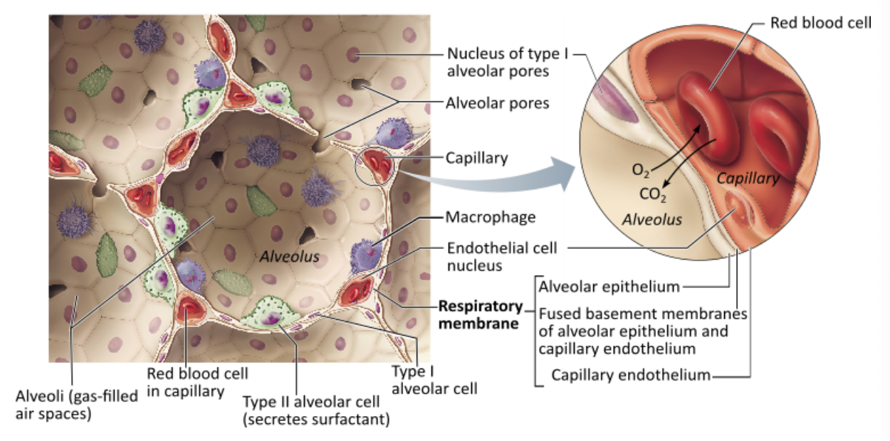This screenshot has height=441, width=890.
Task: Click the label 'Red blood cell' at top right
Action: click(x=820, y=23)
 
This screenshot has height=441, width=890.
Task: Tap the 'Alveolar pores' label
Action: click(x=498, y=103)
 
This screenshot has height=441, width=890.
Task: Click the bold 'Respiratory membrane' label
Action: click(x=480, y=316)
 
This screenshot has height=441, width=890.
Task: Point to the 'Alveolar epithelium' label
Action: click(x=609, y=287)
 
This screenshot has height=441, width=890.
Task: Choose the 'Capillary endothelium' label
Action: click(x=631, y=375)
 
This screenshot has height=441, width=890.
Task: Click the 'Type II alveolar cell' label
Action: click(x=316, y=410)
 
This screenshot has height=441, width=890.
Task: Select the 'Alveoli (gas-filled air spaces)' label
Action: click(x=77, y=404)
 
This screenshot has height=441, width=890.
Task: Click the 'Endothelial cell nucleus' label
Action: click(x=502, y=257)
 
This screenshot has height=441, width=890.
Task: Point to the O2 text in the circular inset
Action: click(x=640, y=171)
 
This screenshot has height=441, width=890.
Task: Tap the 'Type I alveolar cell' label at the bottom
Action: click(x=434, y=380)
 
